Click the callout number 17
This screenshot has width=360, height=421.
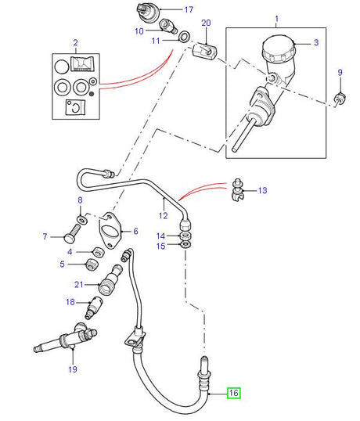[x=188, y=10]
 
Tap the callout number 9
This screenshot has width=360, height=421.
[x=340, y=73]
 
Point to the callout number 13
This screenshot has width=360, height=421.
[x=262, y=190]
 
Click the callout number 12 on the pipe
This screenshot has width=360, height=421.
[x=164, y=215]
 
